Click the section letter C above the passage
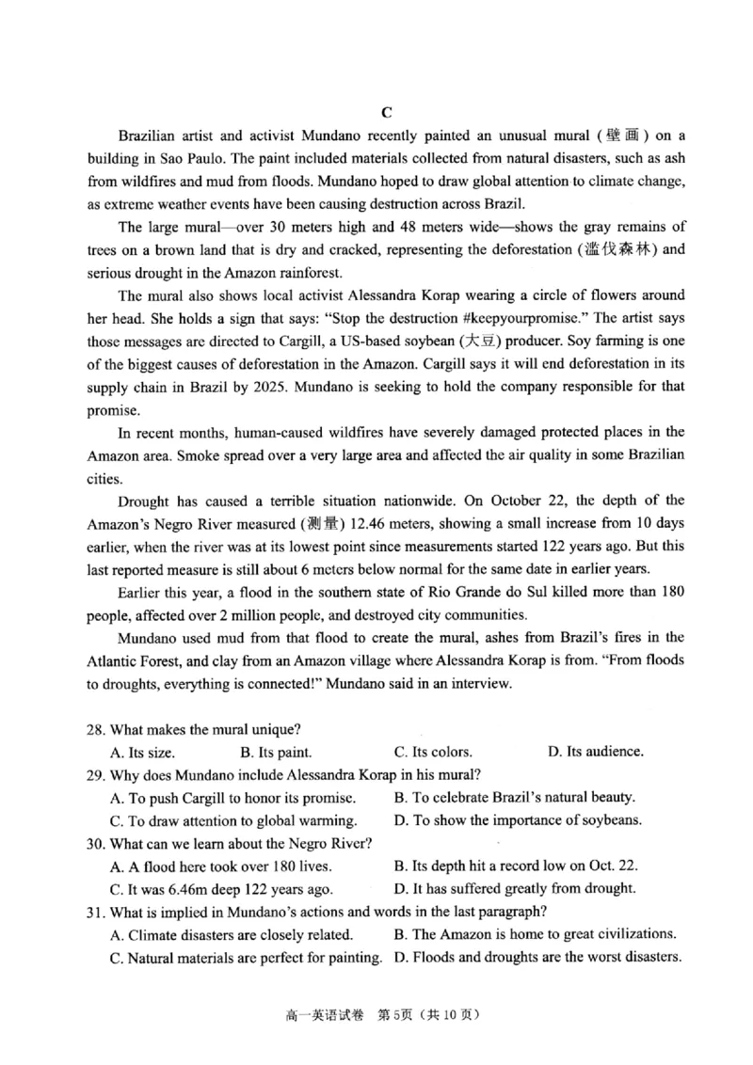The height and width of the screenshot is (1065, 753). tap(386, 112)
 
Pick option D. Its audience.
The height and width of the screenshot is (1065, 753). tap(595, 752)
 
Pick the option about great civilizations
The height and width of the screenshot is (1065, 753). tap(535, 934)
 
